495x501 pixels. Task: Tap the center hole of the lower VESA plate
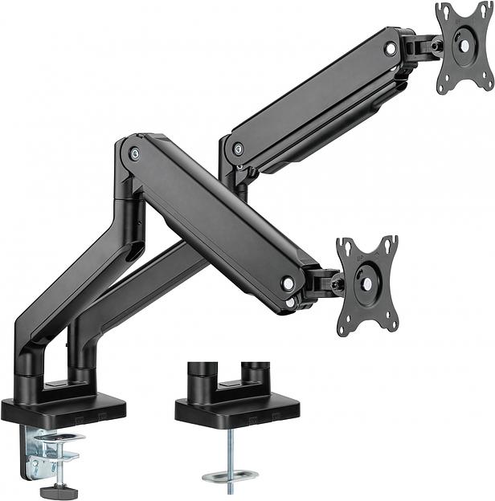coord(366,283)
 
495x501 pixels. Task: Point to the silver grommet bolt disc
coord(230,477)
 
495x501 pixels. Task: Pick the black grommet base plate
coord(237,410)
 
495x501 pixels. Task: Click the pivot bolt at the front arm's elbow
coord(134,153)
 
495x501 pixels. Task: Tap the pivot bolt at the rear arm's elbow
coord(238,149)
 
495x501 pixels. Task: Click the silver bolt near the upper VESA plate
coord(391,49)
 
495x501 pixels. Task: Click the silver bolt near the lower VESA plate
coord(287,283)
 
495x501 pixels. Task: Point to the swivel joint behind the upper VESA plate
coord(423,47)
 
